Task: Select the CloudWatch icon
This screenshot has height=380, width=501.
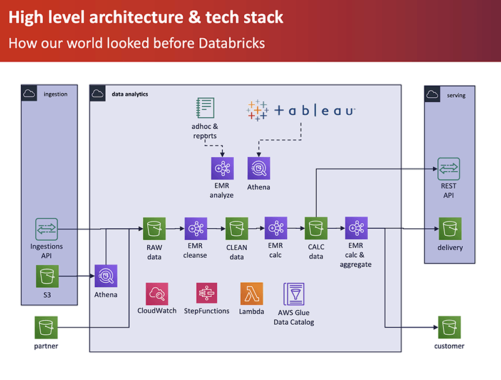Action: pyautogui.click(x=157, y=293)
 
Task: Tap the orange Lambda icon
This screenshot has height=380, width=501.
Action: pyautogui.click(x=251, y=293)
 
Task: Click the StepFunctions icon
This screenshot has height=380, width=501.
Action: pyautogui.click(x=207, y=293)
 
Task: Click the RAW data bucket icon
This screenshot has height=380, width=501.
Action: pyautogui.click(x=154, y=229)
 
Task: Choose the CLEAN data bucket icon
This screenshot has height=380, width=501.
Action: pyautogui.click(x=237, y=229)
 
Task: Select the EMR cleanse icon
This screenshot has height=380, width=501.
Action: pyautogui.click(x=195, y=229)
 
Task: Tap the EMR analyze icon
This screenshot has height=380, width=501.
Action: pyautogui.click(x=222, y=169)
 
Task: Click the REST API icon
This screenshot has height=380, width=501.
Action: pyautogui.click(x=448, y=169)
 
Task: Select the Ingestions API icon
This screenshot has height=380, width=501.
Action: pyautogui.click(x=46, y=229)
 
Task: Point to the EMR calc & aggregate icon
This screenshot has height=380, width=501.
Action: pyautogui.click(x=356, y=229)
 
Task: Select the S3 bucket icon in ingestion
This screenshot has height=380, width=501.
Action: pyautogui.click(x=46, y=275)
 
